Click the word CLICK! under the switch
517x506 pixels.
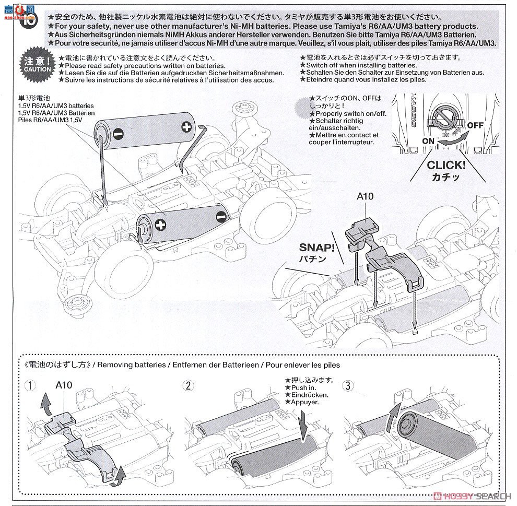click(x=445, y=166)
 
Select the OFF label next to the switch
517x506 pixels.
click(x=475, y=125)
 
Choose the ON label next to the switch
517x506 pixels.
click(x=428, y=141)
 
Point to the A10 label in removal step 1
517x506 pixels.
click(x=63, y=385)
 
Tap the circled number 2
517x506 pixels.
click(x=187, y=386)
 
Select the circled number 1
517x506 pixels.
click(x=32, y=386)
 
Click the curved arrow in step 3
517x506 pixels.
click(x=390, y=420)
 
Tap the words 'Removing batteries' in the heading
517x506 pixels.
click(x=126, y=364)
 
